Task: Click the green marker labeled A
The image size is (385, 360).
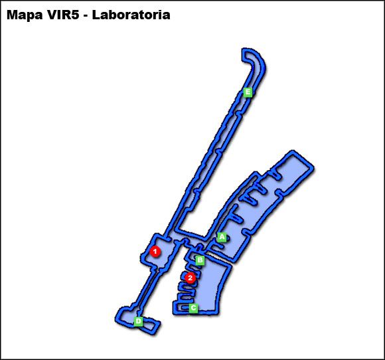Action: (x=222, y=236)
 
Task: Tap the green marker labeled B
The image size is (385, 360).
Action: (x=200, y=260)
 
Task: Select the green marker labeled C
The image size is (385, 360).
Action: (x=193, y=308)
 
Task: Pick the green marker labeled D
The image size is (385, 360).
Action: (x=138, y=321)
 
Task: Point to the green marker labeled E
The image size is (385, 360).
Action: (x=248, y=92)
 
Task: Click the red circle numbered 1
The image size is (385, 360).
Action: (x=155, y=251)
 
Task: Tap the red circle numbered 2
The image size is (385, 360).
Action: (x=191, y=278)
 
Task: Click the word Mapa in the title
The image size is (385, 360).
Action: (x=25, y=15)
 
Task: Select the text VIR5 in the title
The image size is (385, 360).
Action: (x=64, y=15)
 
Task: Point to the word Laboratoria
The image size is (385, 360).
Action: (x=131, y=15)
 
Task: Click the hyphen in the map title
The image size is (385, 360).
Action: (x=86, y=15)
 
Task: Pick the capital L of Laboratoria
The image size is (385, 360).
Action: (x=96, y=15)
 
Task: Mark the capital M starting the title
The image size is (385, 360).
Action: (x=13, y=15)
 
